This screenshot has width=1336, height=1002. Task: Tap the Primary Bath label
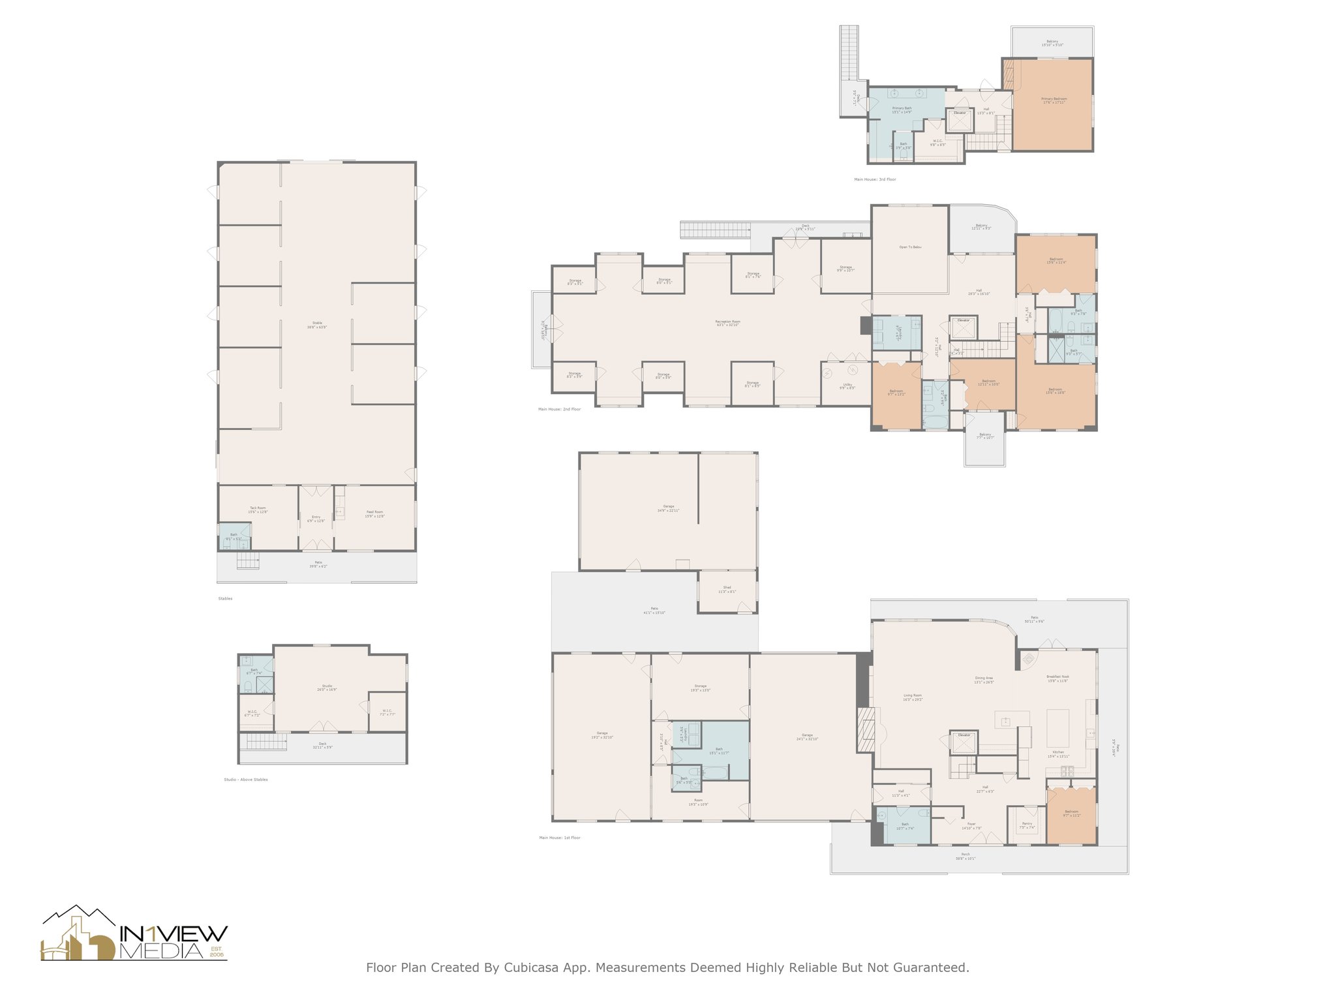tap(902, 110)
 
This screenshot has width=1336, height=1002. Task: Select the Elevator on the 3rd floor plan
tap(960, 120)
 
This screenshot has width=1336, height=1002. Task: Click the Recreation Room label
tap(727, 323)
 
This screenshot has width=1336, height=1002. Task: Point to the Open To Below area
tap(910, 247)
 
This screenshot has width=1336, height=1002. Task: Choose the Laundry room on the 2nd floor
tap(898, 334)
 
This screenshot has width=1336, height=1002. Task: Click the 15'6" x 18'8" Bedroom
tap(1055, 391)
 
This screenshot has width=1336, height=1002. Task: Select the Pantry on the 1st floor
tap(1027, 825)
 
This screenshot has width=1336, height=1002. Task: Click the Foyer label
tap(971, 825)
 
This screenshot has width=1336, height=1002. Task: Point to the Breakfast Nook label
tap(1057, 678)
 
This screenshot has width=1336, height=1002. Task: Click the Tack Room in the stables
tap(258, 509)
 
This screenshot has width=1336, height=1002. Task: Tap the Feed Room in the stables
tap(374, 513)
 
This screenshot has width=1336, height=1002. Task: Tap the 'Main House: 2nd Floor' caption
tap(559, 409)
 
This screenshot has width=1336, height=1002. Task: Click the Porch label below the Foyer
tap(965, 856)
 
